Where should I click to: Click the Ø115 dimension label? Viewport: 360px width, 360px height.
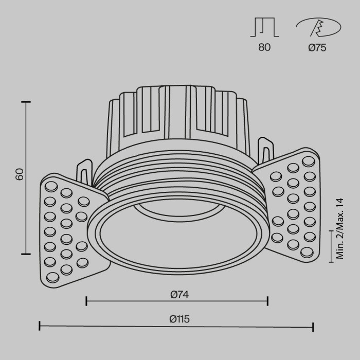pyautogui.click(x=179, y=319)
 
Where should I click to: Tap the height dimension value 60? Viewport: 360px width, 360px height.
pyautogui.click(x=20, y=174)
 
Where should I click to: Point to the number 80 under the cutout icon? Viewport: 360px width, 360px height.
pyautogui.click(x=264, y=48)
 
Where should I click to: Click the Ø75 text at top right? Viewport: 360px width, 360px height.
pyautogui.click(x=317, y=48)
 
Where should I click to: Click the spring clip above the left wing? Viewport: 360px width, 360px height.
pyautogui.click(x=84, y=172)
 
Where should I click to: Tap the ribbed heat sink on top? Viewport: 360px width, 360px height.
pyautogui.click(x=177, y=116)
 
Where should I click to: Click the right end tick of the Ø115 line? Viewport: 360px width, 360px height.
pyautogui.click(x=313, y=326)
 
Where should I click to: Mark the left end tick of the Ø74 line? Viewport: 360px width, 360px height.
pyautogui.click(x=86, y=301)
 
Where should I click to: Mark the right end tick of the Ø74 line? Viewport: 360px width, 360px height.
pyautogui.click(x=267, y=301)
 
